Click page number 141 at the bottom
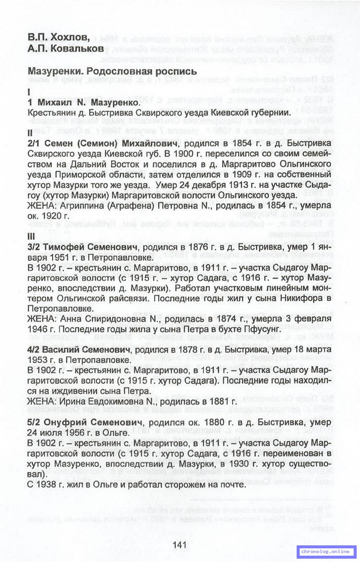pyautogui.click(x=179, y=545)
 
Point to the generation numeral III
pyautogui.click(x=31, y=237)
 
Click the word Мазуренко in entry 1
pyautogui.click(x=115, y=103)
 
